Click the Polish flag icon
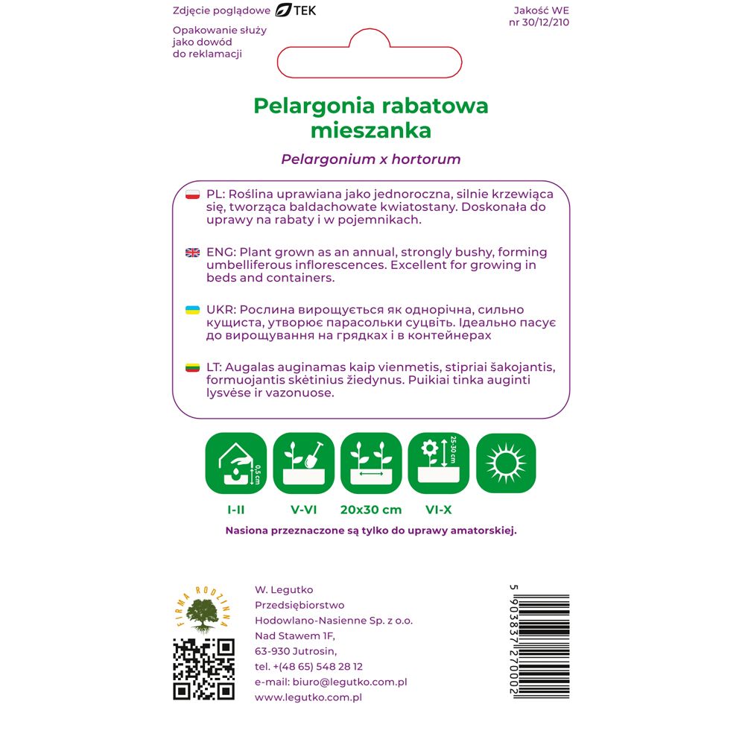[x=192, y=194]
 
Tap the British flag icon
[x=192, y=253]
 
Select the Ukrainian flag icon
[x=192, y=310]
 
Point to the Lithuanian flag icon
[x=192, y=368]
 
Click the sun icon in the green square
[x=506, y=463]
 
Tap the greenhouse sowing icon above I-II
[x=235, y=463]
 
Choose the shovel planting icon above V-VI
[x=303, y=463]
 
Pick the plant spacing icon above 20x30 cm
[x=371, y=463]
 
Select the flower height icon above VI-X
[x=438, y=463]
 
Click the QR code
[x=204, y=669]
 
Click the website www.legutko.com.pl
[x=308, y=697]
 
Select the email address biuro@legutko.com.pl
[x=331, y=682]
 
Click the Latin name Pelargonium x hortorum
[x=371, y=159]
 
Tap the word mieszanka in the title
[x=371, y=130]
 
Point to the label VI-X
[x=438, y=510]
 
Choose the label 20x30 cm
[x=371, y=510]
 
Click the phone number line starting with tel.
[x=308, y=666]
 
